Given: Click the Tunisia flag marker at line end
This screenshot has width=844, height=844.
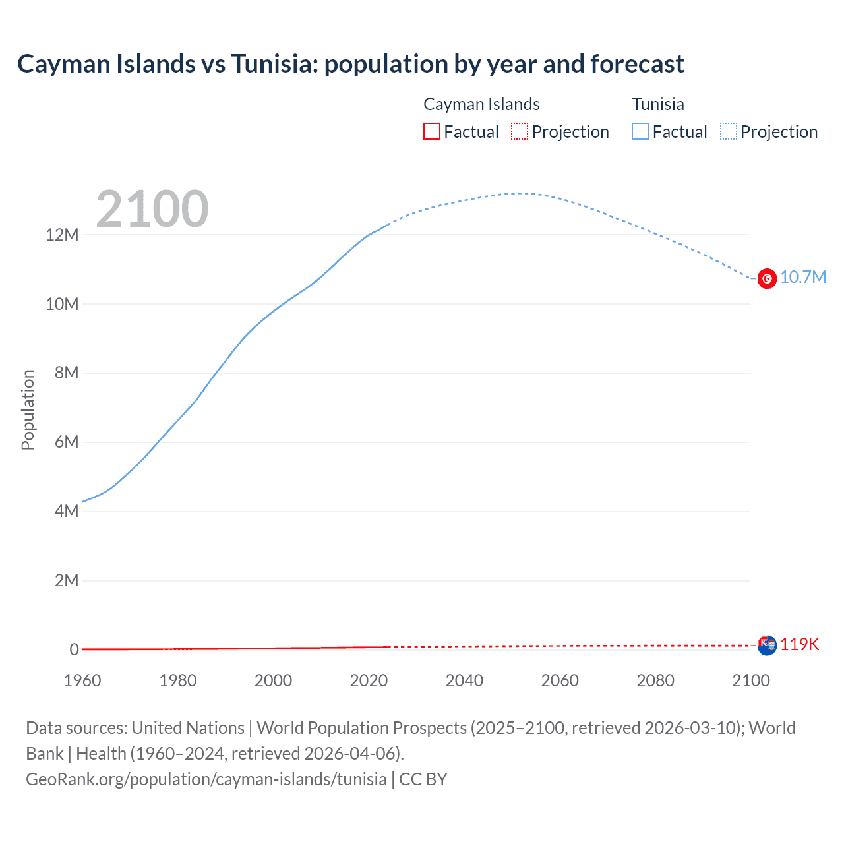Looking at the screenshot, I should pos(767,279).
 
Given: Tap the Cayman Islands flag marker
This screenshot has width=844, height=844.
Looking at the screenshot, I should pos(767,646).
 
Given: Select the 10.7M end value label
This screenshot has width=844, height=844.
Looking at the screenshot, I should pos(802,277).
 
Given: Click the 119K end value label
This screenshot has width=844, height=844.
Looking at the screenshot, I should pos(799,644).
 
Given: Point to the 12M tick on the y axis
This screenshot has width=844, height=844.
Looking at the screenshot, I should pos(62,235).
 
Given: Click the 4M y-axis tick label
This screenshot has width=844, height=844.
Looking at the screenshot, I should pos(66,511).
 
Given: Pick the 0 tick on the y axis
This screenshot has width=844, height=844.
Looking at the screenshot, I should pos(74,649).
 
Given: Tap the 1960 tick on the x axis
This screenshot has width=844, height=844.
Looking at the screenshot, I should pos(82,680).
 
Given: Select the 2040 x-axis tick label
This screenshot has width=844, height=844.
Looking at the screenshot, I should pos(464,680).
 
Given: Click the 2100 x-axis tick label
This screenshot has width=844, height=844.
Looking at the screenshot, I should pos(750,680).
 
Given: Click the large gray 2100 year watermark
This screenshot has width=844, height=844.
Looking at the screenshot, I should pos(152,209).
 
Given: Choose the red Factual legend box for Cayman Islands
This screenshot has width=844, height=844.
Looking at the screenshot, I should pos(431,131).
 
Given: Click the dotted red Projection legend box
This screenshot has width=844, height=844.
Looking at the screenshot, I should pos(520,131).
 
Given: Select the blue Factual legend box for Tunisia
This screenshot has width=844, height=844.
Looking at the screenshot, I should pos(640,131).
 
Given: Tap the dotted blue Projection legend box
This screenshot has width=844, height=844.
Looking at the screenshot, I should pos(728,131).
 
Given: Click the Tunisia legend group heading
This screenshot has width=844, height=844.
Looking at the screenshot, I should pos(657,104).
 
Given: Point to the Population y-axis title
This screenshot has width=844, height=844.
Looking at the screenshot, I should pos(28,409).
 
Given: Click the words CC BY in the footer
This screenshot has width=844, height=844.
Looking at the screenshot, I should pos(423,779).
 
